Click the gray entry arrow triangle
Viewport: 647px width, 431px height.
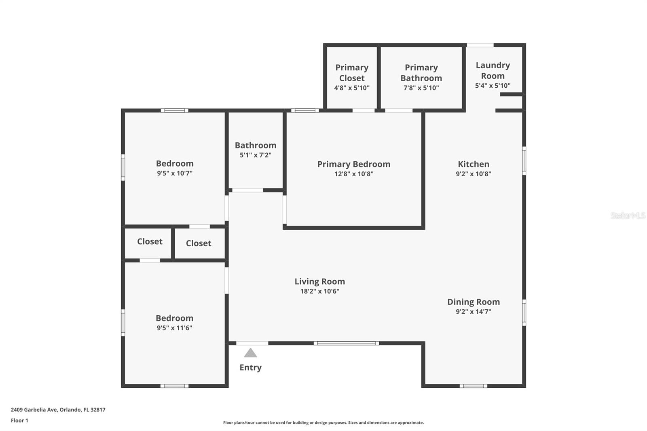click(x=250, y=353)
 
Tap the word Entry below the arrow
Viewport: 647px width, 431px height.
click(x=250, y=368)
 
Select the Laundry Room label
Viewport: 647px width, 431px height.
click(x=493, y=70)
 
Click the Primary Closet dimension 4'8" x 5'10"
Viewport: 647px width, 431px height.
click(x=352, y=88)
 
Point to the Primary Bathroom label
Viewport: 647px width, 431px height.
click(x=421, y=73)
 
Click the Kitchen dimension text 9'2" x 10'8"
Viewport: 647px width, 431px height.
click(x=473, y=174)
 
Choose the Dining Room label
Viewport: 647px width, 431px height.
click(x=473, y=302)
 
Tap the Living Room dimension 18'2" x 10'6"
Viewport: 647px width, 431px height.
click(x=319, y=291)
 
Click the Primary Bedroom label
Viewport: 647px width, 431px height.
click(x=353, y=164)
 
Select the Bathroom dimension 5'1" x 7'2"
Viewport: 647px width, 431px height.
click(x=256, y=155)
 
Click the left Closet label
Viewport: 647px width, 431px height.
click(x=150, y=241)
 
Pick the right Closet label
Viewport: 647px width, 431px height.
click(x=199, y=243)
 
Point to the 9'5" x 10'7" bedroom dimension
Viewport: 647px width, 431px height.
click(x=175, y=173)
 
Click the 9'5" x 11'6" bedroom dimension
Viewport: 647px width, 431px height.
click(x=174, y=328)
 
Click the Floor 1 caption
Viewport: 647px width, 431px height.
click(x=19, y=420)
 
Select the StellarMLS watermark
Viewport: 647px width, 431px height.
click(x=628, y=215)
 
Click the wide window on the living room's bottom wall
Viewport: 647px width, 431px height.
click(x=346, y=343)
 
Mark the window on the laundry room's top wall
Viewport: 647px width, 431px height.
click(x=480, y=45)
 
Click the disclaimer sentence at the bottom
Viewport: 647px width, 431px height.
click(x=323, y=423)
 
